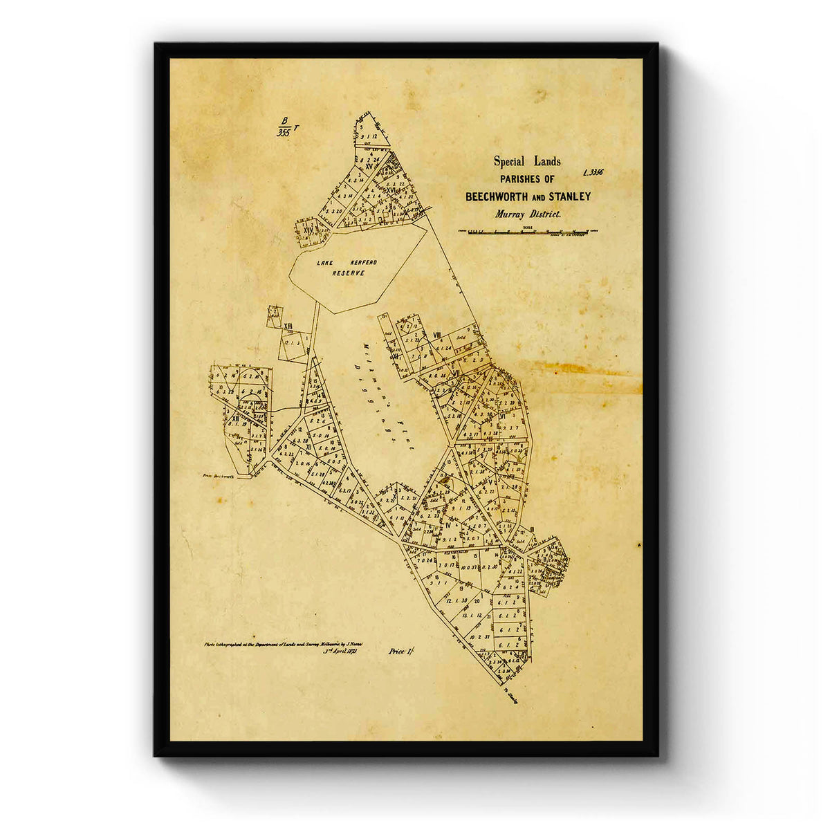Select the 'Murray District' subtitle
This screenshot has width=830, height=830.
528,214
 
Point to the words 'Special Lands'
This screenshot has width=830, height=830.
527,162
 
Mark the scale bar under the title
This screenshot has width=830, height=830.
528,232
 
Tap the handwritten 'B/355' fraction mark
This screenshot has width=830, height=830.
284,127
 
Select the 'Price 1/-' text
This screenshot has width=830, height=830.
402,651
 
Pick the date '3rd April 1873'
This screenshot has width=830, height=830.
343,651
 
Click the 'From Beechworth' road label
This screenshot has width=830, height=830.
219,477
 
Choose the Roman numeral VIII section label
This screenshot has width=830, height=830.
437,335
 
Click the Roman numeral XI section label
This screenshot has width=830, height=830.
309,448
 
